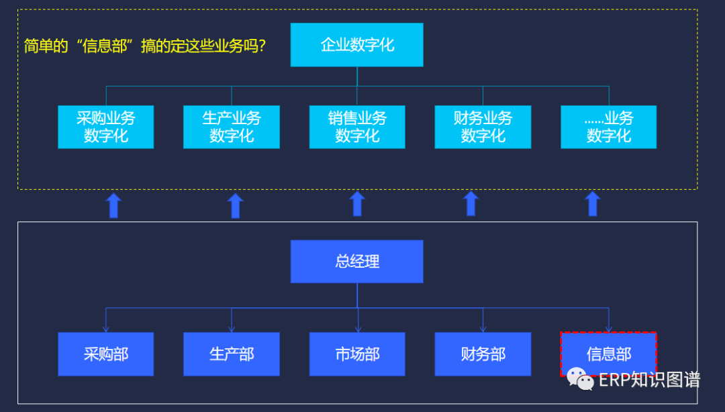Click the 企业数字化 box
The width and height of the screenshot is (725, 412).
[356, 45]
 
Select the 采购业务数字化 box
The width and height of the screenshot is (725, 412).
[105, 127]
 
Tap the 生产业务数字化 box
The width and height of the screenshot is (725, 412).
[232, 127]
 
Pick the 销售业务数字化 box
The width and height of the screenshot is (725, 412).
[357, 127]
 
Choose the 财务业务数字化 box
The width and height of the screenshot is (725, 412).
[483, 127]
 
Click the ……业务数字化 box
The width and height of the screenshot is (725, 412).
[608, 127]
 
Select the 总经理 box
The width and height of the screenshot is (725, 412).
[356, 261]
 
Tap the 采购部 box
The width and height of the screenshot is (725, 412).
[105, 354]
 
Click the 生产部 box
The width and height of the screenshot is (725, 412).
[232, 354]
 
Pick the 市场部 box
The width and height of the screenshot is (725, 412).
[357, 354]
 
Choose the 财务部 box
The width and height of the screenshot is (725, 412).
[483, 354]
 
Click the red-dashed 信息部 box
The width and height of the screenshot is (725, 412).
[608, 354]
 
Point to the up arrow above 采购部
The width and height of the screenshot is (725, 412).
[113, 205]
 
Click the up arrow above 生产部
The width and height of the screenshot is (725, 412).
[235, 205]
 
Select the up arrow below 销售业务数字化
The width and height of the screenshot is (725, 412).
[357, 204]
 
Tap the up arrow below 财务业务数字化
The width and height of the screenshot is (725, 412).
[471, 204]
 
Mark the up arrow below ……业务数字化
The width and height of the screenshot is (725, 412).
[593, 204]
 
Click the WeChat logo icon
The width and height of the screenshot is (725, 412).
[581, 379]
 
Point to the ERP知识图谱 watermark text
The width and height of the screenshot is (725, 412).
[649, 380]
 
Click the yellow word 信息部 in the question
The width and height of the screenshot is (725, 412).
[103, 47]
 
